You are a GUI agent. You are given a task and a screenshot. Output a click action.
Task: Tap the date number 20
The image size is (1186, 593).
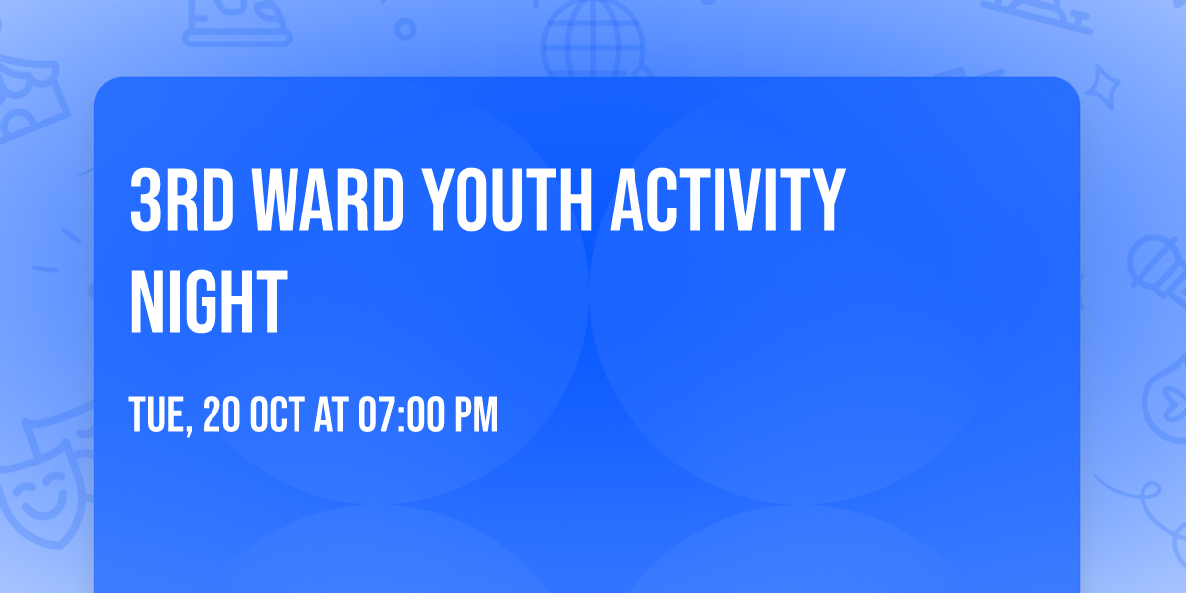220,416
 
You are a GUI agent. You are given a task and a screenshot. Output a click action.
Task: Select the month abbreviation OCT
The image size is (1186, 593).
279,416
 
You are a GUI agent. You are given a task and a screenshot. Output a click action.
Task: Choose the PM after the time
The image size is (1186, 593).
475,416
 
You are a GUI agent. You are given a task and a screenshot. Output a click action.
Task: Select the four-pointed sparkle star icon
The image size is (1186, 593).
1109,84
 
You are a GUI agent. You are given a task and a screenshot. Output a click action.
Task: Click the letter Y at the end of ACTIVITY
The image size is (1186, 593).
828,201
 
